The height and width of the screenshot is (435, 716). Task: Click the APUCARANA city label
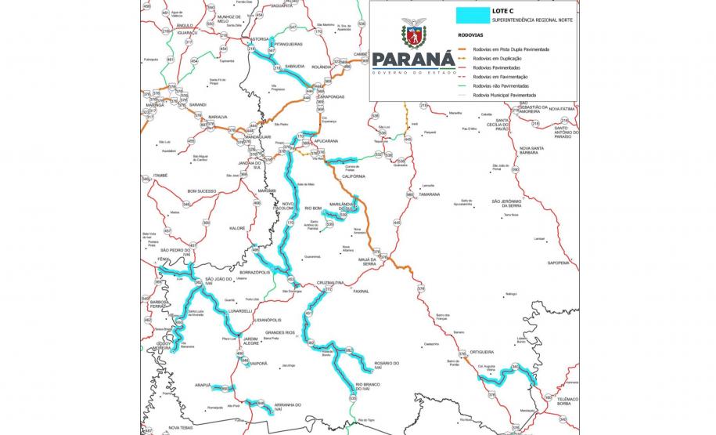click(x=328, y=141)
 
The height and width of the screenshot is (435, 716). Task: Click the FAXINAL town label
click(x=361, y=291)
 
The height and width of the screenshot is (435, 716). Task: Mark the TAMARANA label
click(x=430, y=194)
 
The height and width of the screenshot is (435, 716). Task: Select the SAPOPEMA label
click(x=558, y=263)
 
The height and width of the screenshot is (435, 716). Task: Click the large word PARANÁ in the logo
click(x=413, y=61)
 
